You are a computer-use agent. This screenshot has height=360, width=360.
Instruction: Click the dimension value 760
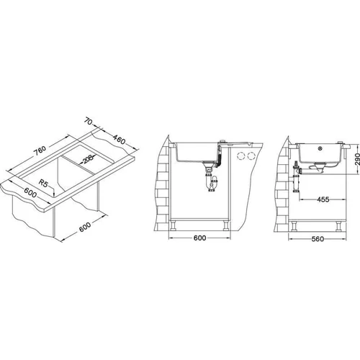pyautogui.click(x=40, y=150)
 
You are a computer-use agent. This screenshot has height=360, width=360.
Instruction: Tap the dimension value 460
pyautogui.click(x=119, y=140)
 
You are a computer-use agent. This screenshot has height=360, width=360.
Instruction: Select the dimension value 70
pyautogui.click(x=88, y=122)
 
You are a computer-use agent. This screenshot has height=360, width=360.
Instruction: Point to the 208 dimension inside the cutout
pyautogui.click(x=87, y=159)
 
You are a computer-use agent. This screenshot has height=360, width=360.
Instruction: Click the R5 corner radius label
pyautogui.click(x=43, y=184)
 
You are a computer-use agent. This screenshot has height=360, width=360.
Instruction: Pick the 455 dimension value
pyautogui.click(x=323, y=199)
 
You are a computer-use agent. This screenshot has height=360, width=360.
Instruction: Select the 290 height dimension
pyautogui.click(x=357, y=159)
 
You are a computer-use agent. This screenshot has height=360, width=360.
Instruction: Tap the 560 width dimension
pyautogui.click(x=318, y=239)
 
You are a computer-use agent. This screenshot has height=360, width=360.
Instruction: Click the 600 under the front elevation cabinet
pyautogui.click(x=199, y=238)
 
